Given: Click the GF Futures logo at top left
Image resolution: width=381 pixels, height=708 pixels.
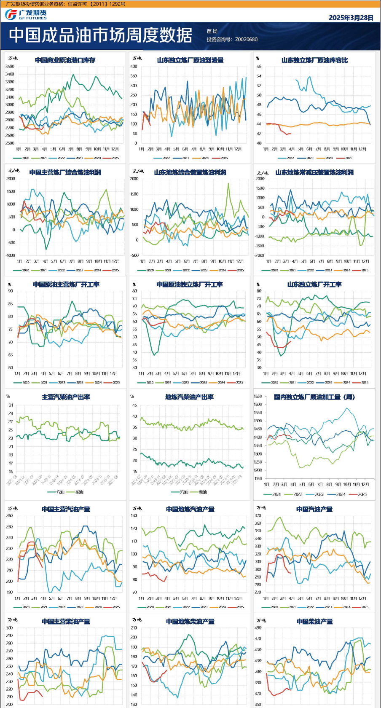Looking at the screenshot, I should tap(25, 15).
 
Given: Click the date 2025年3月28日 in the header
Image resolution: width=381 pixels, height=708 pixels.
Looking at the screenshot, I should tap(351, 18).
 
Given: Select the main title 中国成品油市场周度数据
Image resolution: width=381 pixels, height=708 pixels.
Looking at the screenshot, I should tap(100, 35).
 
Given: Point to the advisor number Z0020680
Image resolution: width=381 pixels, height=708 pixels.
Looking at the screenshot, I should tap(246, 40).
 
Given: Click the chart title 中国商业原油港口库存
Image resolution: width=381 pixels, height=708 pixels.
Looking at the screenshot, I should tap(65, 60).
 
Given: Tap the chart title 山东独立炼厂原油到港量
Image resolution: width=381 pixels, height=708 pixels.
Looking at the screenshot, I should tap(190, 60).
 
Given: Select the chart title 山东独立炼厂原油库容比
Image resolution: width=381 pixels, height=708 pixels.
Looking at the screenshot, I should tap(314, 60).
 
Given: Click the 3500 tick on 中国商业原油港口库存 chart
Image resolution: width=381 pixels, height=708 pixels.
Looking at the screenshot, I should tap(10, 67).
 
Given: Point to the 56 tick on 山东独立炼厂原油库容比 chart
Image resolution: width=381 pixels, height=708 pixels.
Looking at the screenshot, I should tap(259, 67).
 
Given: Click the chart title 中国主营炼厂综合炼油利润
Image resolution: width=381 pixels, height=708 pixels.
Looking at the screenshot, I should tap(65, 172).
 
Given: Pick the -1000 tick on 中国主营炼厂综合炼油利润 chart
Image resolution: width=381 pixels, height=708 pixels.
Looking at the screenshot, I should tap(10, 255).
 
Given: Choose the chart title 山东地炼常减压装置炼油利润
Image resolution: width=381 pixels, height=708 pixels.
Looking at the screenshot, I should tap(314, 172).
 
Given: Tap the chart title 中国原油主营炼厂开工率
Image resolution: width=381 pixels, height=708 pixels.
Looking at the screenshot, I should tap(66, 284).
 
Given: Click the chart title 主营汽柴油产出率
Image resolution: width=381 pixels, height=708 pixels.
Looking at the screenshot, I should tap(66, 397).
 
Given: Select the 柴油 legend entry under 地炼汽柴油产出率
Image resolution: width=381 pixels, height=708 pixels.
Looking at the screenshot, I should tap(203, 492).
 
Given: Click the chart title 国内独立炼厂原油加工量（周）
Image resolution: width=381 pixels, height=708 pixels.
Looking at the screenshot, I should tap(314, 397).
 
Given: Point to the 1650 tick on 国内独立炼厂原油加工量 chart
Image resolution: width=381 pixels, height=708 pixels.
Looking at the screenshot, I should tap(258, 396).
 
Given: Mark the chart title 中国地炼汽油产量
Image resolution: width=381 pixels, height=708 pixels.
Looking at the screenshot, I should tap(190, 509).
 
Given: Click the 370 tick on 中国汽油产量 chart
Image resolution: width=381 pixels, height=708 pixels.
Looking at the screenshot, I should tap(258, 516).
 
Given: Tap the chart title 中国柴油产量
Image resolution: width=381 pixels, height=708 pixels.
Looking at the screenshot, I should tap(314, 622).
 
